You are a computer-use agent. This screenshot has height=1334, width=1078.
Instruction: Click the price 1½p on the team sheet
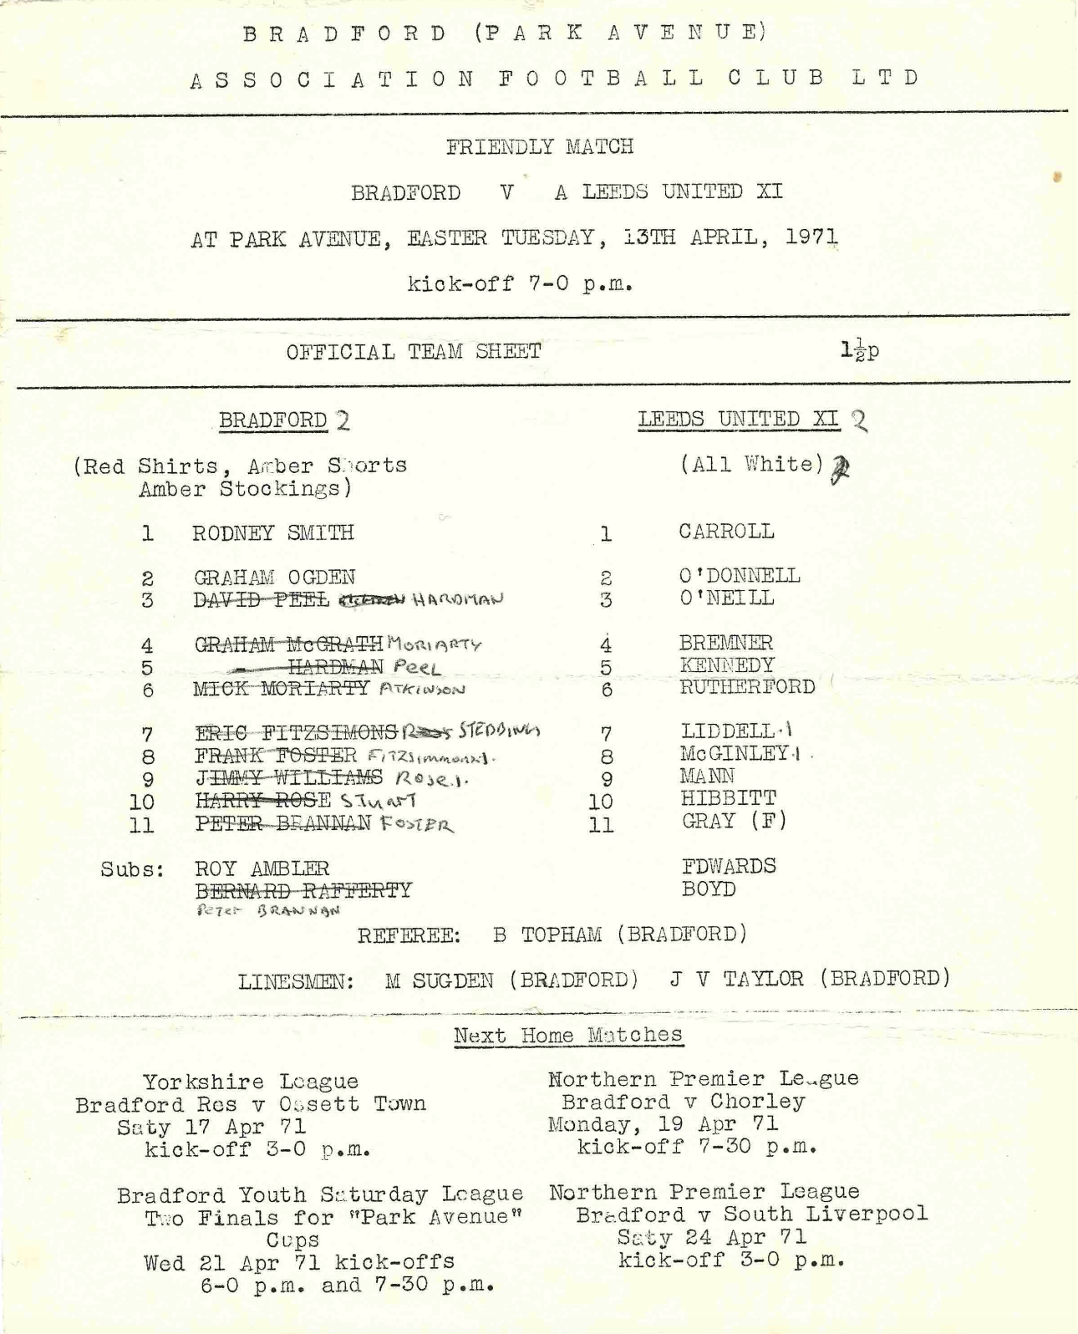point(859,351)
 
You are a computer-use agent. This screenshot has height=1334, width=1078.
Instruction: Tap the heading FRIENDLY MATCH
point(539,147)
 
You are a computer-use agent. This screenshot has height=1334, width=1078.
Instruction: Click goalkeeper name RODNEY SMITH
point(272,533)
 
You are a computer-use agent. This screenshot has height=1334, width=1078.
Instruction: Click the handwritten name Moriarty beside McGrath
point(435,644)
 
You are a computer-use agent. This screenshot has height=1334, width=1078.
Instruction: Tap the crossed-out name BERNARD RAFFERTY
point(303,890)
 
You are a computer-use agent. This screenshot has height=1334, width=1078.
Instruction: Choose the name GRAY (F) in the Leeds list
point(734,821)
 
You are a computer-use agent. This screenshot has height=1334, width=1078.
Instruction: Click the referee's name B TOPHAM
point(547,934)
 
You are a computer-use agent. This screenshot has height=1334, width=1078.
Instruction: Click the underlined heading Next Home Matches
point(567,1035)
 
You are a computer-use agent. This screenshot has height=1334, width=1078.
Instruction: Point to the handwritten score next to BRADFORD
point(343,420)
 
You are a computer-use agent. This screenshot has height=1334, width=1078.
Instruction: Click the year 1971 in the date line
point(811,237)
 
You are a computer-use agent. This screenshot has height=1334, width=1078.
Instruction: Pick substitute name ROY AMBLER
point(262,868)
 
